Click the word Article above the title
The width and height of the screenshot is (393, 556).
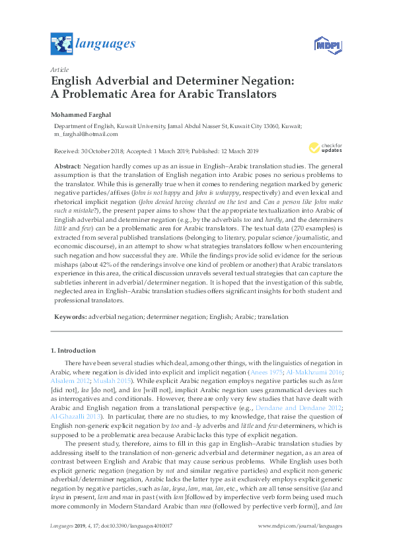[x=59, y=69]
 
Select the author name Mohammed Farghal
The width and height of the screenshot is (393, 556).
[x=81, y=114]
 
